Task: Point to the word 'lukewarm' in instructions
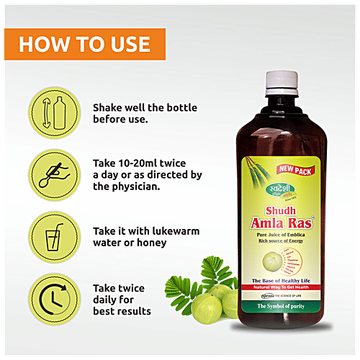pos(172,231)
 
